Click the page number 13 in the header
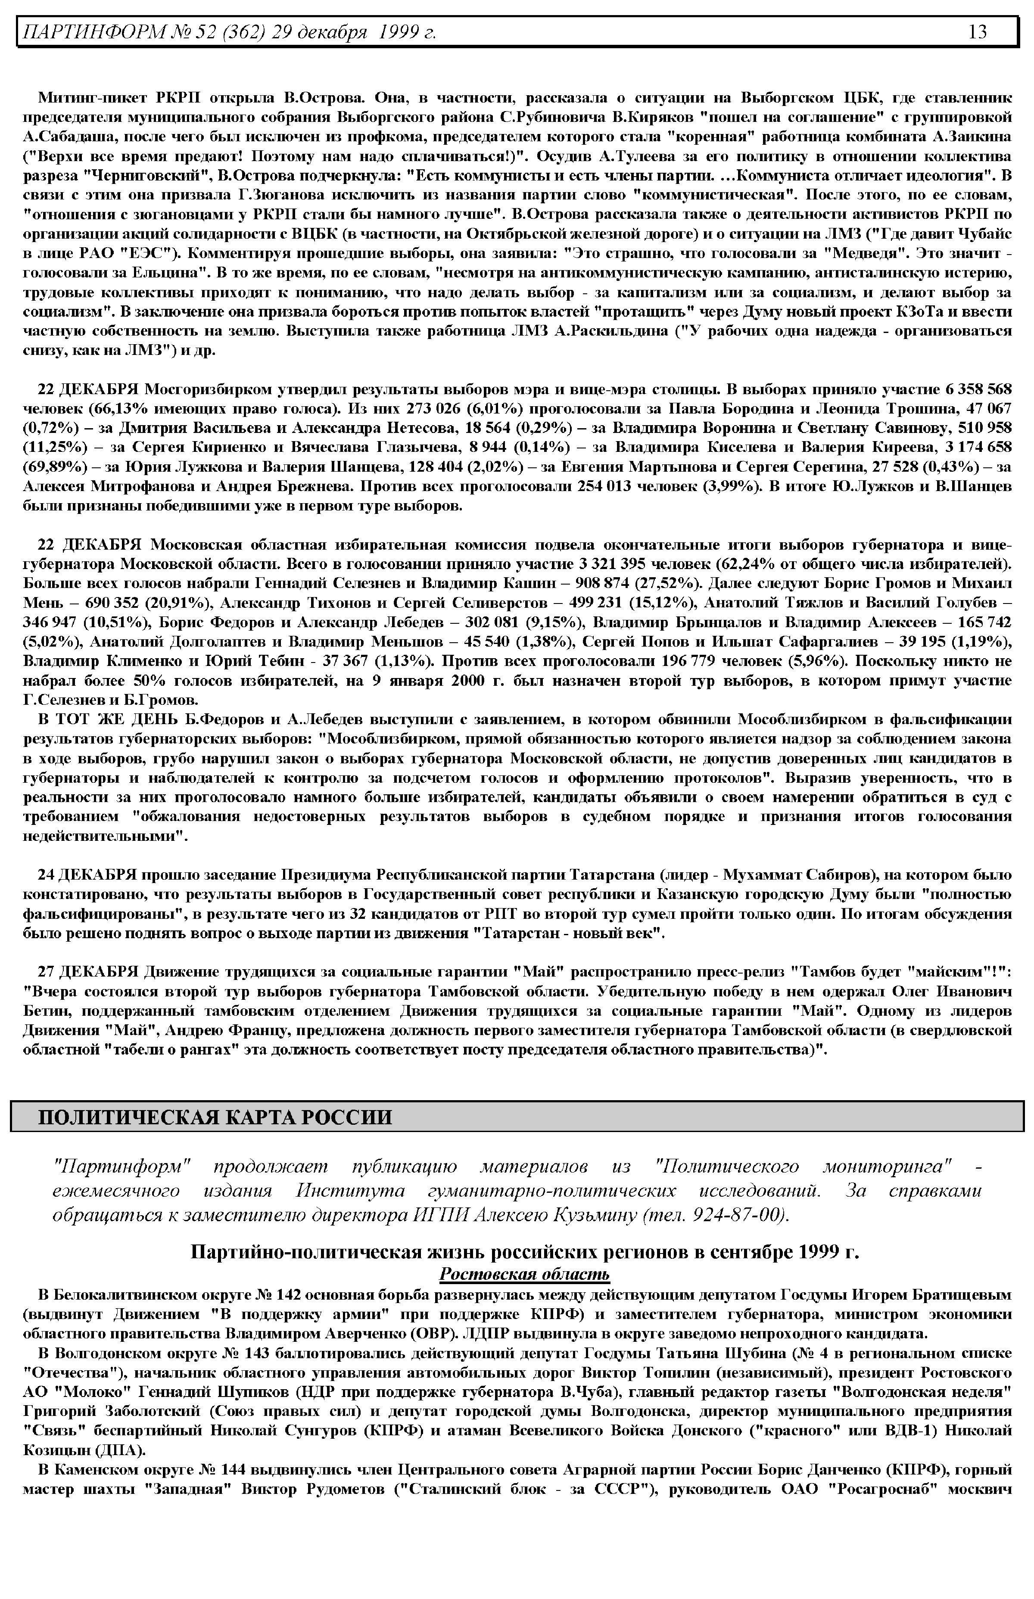pyautogui.click(x=978, y=31)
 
